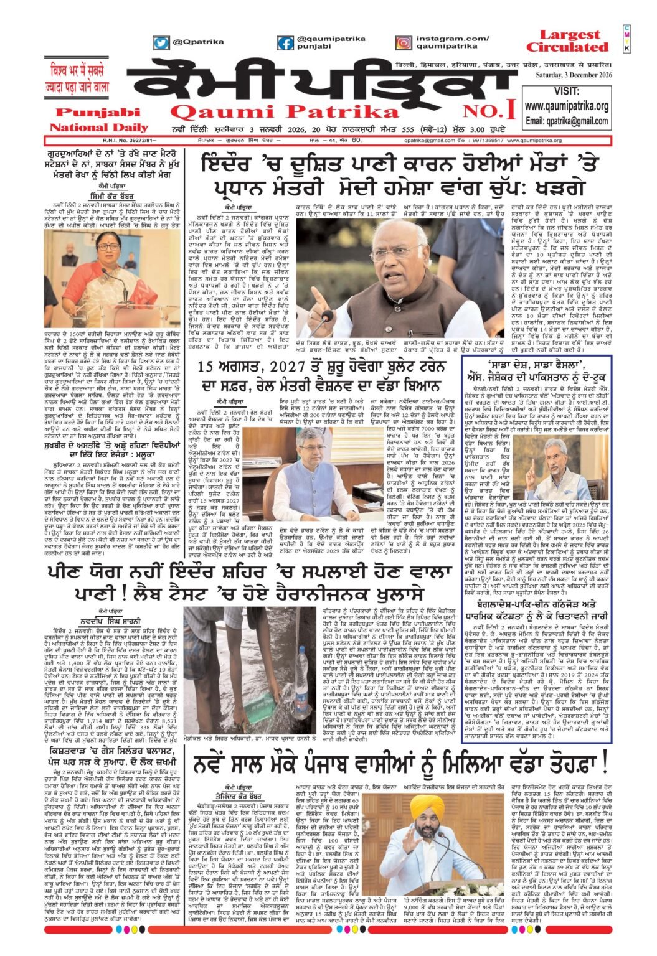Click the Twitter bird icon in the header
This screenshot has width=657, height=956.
tap(161, 43)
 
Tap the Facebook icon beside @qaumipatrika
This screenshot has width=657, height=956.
tap(286, 43)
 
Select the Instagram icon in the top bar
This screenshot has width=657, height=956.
tap(404, 43)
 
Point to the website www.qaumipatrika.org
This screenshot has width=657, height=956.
tap(567, 106)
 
